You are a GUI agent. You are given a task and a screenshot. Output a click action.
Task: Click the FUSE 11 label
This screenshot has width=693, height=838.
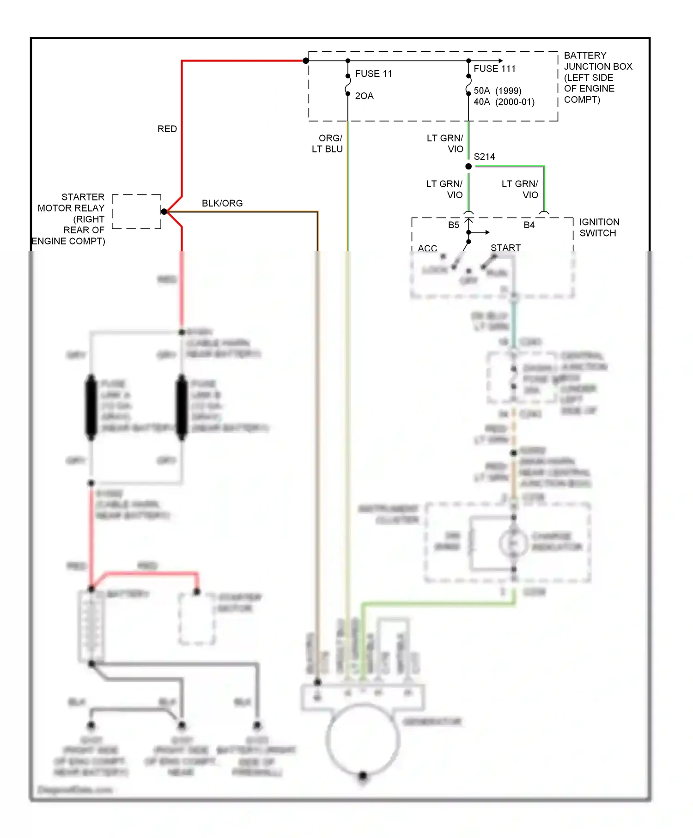point(373,74)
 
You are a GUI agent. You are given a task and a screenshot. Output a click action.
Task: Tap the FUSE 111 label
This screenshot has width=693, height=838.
point(494,69)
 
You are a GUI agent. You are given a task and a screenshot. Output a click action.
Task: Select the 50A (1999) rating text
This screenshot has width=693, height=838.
point(498,91)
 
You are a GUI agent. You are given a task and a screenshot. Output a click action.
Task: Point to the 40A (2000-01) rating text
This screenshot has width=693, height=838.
point(504,102)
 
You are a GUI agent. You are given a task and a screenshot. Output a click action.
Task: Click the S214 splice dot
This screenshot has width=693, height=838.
point(468,166)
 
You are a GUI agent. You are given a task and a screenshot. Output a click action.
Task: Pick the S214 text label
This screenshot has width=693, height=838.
point(484,157)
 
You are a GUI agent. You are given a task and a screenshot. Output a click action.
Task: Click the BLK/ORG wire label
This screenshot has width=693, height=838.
point(222,204)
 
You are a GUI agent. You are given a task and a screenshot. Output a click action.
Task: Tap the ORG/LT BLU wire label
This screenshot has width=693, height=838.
point(328,144)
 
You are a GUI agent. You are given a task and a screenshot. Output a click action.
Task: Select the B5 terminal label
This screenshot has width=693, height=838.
point(454,225)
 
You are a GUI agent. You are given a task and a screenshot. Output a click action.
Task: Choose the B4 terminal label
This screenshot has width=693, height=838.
point(529,225)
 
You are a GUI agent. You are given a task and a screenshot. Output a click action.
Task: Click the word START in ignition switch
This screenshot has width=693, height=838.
point(505,248)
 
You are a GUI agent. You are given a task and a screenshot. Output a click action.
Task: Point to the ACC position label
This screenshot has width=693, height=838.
point(427,249)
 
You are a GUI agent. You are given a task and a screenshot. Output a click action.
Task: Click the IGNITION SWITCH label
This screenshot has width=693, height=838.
point(599,228)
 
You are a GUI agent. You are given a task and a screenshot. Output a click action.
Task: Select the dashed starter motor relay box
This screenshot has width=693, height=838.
point(137,212)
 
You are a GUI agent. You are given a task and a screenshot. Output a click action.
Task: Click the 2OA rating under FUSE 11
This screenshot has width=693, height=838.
point(364,96)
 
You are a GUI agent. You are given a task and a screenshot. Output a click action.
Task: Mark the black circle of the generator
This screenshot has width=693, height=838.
point(363,739)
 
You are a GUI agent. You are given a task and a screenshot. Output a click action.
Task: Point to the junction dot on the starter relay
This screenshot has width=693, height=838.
point(164,212)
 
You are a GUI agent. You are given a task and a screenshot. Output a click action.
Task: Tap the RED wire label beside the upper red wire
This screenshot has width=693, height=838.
point(167,129)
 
